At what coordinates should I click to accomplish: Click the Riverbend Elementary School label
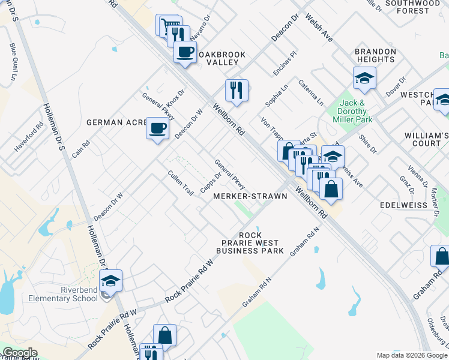click(x=67, y=298)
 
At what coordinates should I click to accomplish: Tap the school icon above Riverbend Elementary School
click(x=111, y=280)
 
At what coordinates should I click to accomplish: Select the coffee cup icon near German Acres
click(x=158, y=128)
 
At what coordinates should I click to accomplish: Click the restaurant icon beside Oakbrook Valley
click(x=237, y=90)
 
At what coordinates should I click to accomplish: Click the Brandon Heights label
click(x=376, y=56)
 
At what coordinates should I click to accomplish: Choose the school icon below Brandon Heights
click(x=364, y=78)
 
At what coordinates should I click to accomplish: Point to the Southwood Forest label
click(x=412, y=7)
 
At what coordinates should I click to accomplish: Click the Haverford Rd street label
click(x=29, y=137)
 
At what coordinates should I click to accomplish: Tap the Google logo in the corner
click(x=20, y=353)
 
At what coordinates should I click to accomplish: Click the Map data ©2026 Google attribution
click(x=412, y=355)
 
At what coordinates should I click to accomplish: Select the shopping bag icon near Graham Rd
click(x=441, y=256)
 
